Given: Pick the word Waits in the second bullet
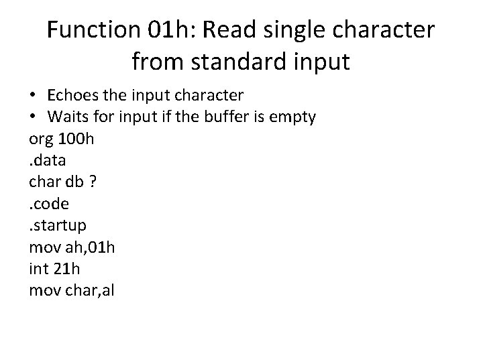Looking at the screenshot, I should (66, 117).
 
